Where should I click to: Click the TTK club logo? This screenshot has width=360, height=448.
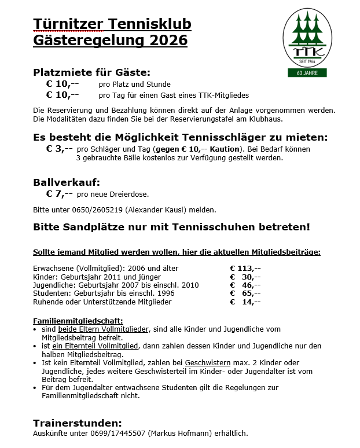click(307, 38)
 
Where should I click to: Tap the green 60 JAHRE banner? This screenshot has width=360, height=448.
click(307, 73)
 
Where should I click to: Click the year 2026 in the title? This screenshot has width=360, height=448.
click(168, 40)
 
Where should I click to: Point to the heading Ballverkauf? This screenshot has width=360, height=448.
click(67, 182)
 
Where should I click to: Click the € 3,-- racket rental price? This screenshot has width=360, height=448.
click(60, 148)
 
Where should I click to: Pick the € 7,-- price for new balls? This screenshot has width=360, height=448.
click(60, 194)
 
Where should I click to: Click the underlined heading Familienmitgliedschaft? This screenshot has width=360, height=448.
click(78, 321)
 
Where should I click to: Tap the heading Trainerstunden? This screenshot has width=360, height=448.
click(78, 423)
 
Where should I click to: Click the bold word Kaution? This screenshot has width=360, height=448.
click(225, 149)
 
